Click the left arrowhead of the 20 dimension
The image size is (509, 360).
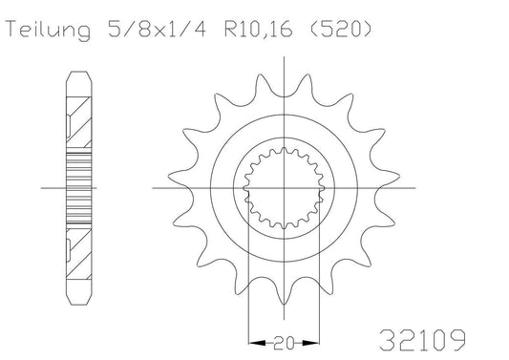[x=251, y=339]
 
